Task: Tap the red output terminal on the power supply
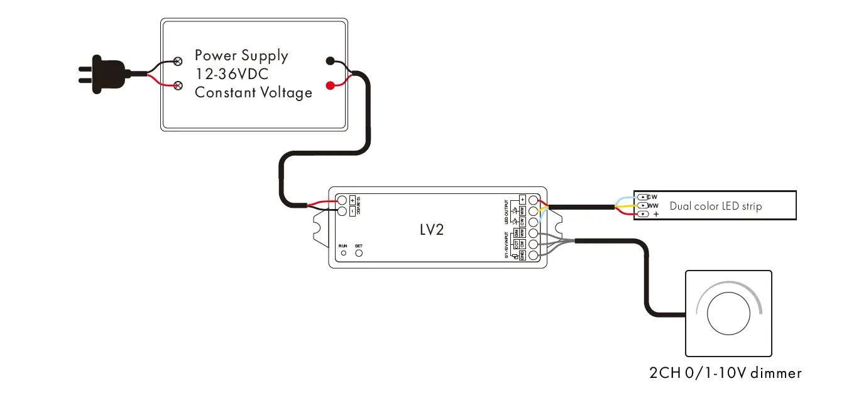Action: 330,85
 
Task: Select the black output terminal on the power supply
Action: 330,62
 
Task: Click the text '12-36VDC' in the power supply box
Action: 232,74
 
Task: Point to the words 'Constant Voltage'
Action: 253,93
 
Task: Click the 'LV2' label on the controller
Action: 432,230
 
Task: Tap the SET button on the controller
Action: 359,253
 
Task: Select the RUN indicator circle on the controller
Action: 343,254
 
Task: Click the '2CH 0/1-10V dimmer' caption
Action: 725,373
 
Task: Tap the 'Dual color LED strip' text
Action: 715,206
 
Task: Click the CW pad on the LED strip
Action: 642,197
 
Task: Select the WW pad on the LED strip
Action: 642,205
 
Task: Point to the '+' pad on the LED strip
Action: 642,214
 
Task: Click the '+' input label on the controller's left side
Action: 352,200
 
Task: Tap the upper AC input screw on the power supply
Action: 178,62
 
